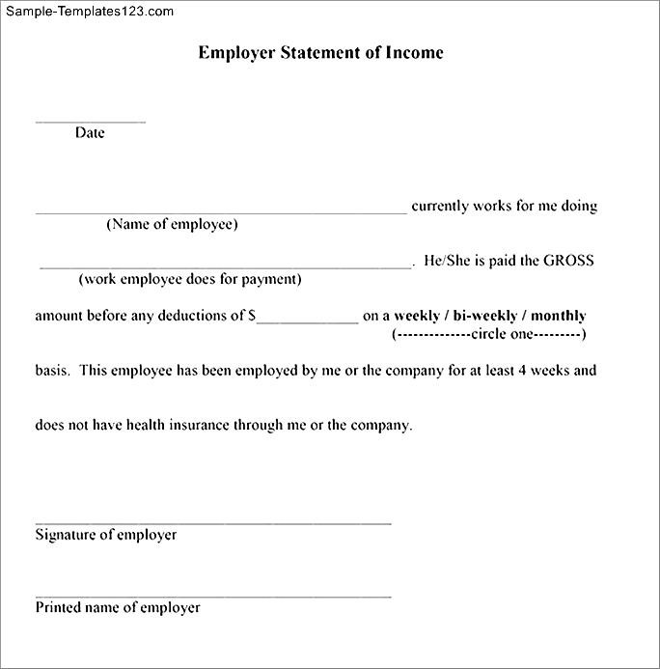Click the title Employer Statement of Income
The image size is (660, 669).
click(320, 53)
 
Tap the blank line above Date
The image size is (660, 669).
click(91, 122)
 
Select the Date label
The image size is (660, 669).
click(90, 133)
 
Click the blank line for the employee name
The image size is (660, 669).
click(222, 210)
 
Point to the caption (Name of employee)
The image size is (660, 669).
click(172, 225)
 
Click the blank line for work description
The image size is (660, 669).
click(226, 265)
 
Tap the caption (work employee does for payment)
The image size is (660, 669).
click(190, 280)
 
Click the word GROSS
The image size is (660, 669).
click(568, 261)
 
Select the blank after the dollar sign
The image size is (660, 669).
click(307, 321)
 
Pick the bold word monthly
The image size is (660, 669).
click(559, 316)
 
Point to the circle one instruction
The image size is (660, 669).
click(489, 334)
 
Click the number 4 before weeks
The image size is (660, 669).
click(537, 370)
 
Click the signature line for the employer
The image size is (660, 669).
click(213, 522)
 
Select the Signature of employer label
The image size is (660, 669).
click(106, 535)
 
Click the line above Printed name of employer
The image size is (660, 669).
click(213, 596)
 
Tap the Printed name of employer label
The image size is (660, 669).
click(118, 608)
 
